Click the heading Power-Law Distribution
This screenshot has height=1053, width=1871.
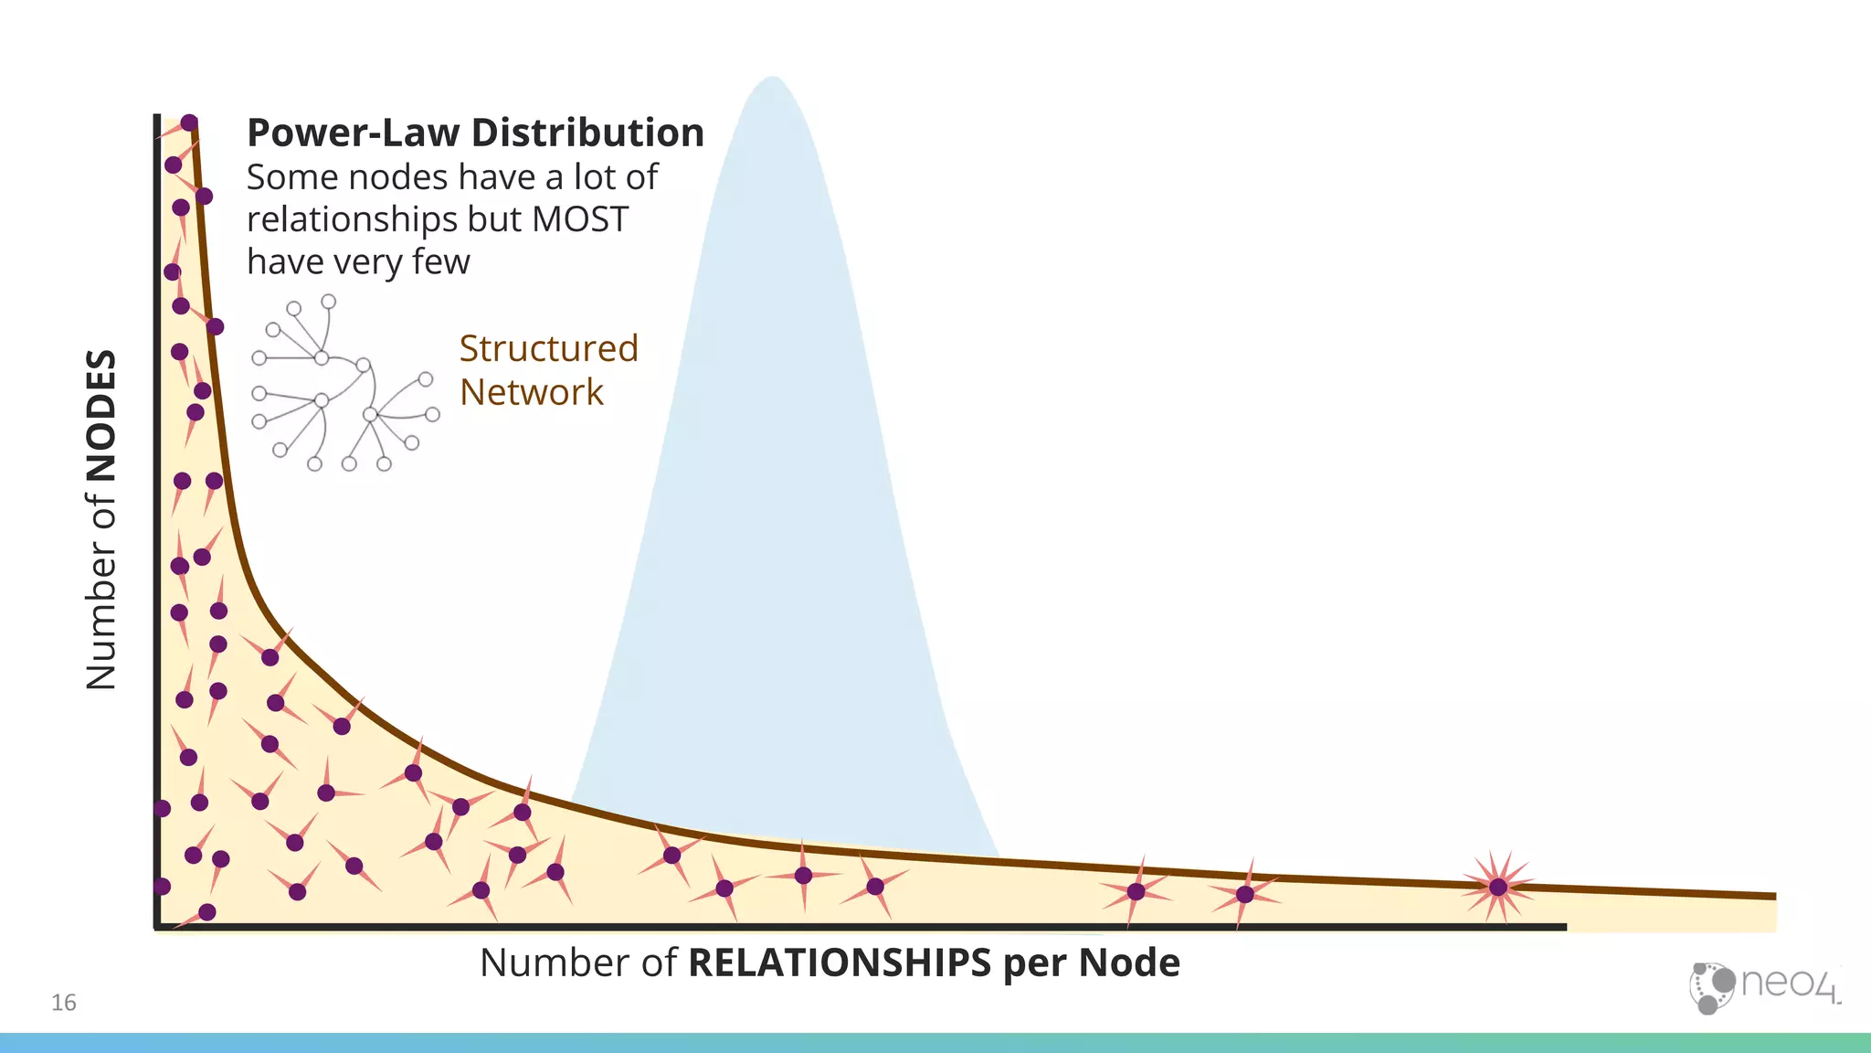pos(475,133)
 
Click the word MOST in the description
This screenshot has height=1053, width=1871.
pos(580,220)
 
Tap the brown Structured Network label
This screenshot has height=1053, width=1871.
pos(548,370)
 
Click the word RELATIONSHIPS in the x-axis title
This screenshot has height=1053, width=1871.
pos(839,963)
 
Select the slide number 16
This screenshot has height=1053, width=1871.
pos(64,1003)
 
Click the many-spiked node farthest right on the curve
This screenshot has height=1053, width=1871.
pos(1497,887)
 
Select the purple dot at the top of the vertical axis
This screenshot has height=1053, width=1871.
pos(189,122)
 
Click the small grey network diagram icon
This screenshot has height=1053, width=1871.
pos(344,384)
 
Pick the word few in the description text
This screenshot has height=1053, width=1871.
pos(440,262)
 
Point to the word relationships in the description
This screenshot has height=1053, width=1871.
pos(352,220)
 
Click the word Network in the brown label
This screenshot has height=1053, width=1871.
pos(531,393)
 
